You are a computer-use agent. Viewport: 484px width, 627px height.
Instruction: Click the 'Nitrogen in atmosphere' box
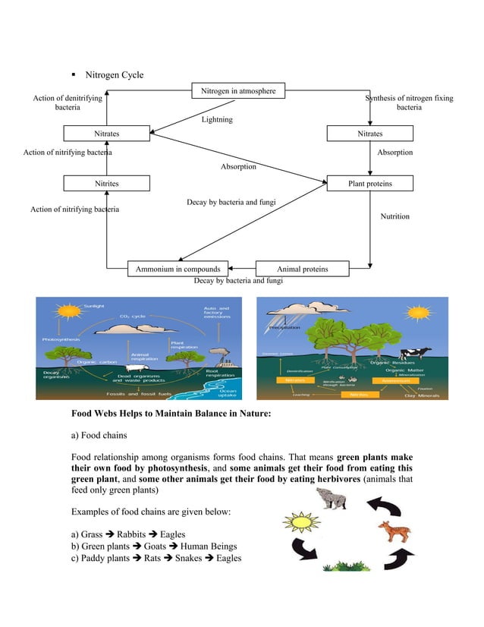click(x=238, y=91)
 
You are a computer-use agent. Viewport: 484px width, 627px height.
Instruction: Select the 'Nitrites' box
click(x=106, y=184)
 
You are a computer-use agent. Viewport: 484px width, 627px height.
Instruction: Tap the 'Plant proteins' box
click(x=370, y=184)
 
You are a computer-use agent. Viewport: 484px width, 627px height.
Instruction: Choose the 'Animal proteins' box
click(x=303, y=269)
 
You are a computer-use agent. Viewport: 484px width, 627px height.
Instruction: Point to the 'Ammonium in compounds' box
click(x=178, y=269)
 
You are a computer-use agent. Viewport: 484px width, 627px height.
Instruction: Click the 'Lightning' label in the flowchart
click(x=217, y=120)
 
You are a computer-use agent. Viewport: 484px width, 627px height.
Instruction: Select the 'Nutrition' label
click(x=394, y=217)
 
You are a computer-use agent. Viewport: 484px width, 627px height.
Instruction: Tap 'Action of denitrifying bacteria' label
click(x=68, y=103)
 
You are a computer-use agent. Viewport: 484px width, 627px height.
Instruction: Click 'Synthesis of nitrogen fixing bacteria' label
click(x=409, y=103)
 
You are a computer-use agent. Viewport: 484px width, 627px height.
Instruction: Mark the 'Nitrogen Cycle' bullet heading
click(x=114, y=75)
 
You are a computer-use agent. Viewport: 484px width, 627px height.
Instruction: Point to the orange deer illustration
click(x=394, y=529)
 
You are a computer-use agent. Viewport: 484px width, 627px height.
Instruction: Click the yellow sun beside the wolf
click(x=298, y=524)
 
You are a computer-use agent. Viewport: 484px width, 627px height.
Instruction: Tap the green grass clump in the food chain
click(x=345, y=566)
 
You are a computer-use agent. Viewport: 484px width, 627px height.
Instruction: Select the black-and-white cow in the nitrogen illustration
click(x=416, y=354)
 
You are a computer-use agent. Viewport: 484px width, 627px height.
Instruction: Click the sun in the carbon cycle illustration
click(x=70, y=311)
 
